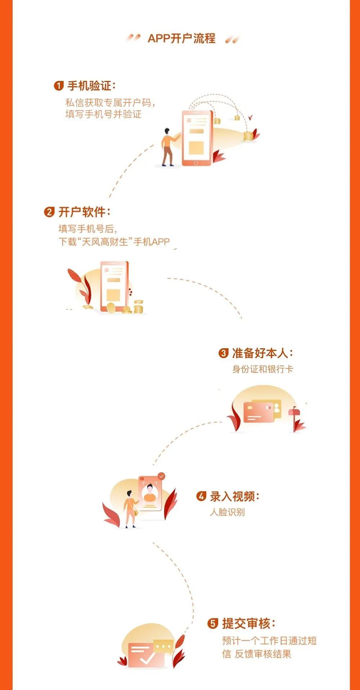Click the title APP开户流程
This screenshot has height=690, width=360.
click(181, 38)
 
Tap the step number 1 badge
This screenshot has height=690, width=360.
click(59, 86)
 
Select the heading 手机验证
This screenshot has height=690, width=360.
click(91, 86)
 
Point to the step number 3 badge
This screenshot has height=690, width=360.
click(223, 353)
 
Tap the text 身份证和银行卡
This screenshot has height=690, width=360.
click(262, 369)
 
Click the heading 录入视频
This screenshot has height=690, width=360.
click(234, 496)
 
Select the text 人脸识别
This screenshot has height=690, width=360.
click(227, 512)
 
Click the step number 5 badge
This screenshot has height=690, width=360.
click(213, 623)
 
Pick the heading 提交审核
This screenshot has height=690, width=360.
click(249, 623)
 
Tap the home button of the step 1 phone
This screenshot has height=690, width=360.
click(195, 163)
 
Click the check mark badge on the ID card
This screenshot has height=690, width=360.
click(162, 476)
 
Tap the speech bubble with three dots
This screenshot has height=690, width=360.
click(163, 646)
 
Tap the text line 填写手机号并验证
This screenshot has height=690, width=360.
click(103, 114)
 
